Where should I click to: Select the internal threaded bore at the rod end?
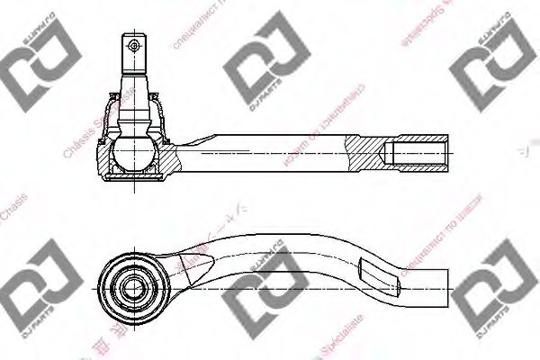(x=421, y=154)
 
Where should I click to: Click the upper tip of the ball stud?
(x=133, y=36)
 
